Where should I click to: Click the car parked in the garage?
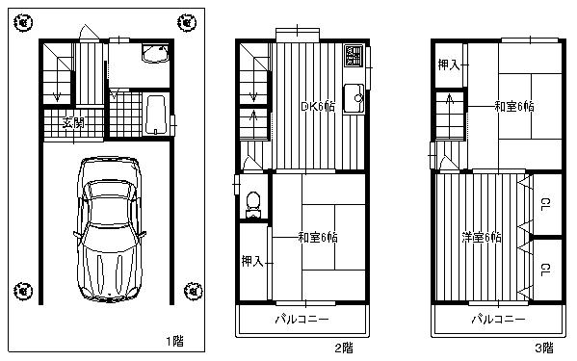tap(108, 228)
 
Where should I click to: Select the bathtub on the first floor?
tap(155, 115)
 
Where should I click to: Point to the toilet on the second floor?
tap(252, 203)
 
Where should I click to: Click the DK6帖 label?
tap(317, 106)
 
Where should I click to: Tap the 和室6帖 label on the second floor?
tap(316, 237)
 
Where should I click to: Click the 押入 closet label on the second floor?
tap(251, 261)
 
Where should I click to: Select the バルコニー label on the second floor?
tap(302, 318)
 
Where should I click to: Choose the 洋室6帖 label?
tap(482, 237)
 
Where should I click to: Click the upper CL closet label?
tap(544, 203)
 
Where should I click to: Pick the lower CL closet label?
tap(544, 270)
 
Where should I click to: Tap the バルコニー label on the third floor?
tap(498, 318)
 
